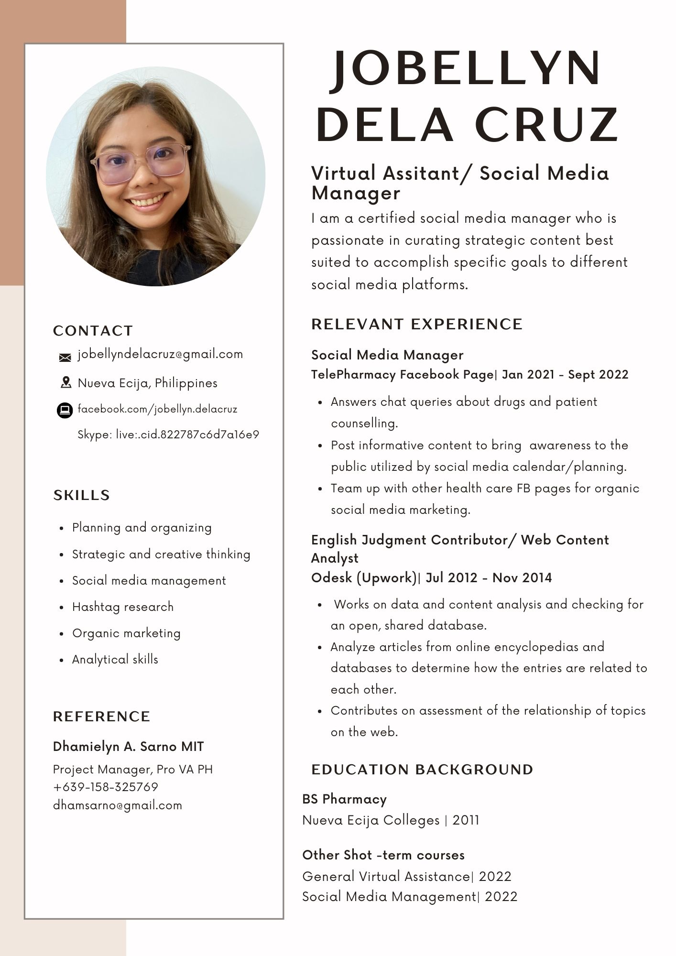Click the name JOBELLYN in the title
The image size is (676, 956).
(466, 68)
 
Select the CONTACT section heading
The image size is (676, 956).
(93, 331)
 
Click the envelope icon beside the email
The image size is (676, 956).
(65, 357)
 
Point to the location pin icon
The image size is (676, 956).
(65, 382)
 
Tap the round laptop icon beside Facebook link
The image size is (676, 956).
(65, 410)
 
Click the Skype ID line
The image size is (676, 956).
(168, 435)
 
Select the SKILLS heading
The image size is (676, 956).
(81, 495)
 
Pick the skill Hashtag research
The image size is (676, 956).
(123, 607)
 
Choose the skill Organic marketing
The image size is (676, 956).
(126, 633)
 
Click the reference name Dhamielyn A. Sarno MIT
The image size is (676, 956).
(128, 747)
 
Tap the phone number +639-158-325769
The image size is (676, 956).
(105, 787)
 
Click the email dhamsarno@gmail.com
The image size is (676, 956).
(118, 805)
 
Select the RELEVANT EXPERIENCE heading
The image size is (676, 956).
(417, 324)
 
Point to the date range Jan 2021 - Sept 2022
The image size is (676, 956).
(565, 375)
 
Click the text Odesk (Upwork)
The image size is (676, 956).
(364, 578)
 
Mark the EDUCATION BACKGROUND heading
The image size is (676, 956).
(422, 770)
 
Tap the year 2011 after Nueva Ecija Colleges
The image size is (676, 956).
(466, 821)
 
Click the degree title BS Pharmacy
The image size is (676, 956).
(344, 799)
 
